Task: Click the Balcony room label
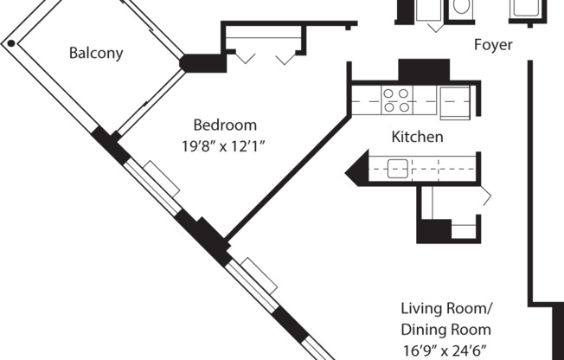point(96,53)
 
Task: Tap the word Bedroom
point(225,125)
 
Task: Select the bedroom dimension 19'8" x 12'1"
point(223,146)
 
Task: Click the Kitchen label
point(417,137)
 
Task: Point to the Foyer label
point(493,45)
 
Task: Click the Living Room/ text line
point(446,309)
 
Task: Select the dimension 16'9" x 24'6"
point(445,350)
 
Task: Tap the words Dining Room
point(446,330)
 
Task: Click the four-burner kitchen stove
point(397,100)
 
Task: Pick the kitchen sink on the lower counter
point(397,169)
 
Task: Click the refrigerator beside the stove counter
point(455,103)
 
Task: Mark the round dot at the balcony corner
point(11,43)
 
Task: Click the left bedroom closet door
point(246,58)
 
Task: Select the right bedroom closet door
point(286,59)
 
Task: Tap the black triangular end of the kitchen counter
point(356,168)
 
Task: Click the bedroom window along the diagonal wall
point(152,186)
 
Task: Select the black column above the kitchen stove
point(424,70)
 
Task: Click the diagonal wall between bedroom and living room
point(287,178)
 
